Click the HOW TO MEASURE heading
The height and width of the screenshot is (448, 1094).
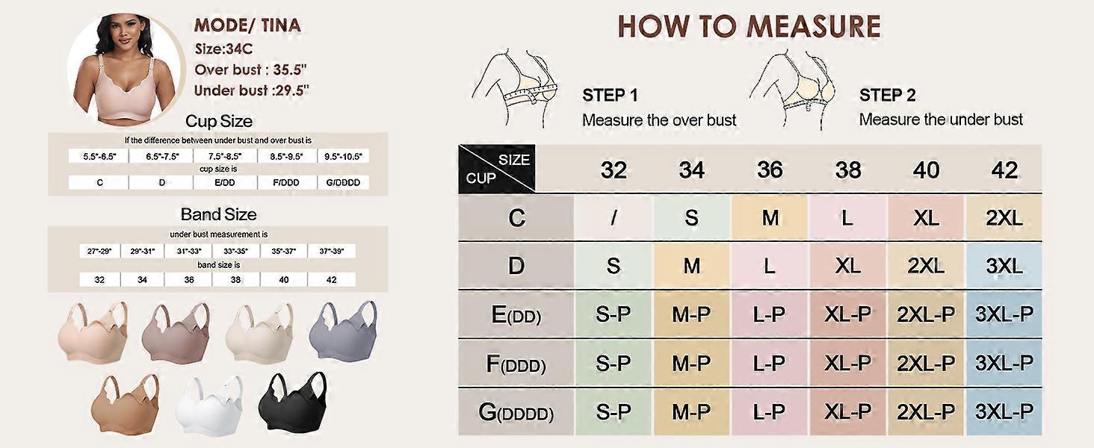pos(749,27)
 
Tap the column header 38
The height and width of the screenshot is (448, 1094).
pos(848,169)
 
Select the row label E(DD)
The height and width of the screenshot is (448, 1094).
pos(516,315)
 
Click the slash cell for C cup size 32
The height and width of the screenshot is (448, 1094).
pos(614,218)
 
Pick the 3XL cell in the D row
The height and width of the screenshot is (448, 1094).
pos(1004,266)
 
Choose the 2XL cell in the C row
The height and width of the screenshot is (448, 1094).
pos(1004,218)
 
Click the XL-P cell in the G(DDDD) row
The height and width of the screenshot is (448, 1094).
pos(848,411)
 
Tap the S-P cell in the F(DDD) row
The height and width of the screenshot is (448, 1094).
pos(614,364)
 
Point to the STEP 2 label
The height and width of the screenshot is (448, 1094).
pos(887,96)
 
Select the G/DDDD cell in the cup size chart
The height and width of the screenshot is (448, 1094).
pos(343,182)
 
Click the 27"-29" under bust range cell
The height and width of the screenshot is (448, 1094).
pos(99,252)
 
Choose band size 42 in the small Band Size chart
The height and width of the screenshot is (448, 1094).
pos(332,280)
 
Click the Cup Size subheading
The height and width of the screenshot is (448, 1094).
pos(218,121)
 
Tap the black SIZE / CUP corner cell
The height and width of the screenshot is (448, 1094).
pos(497,169)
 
